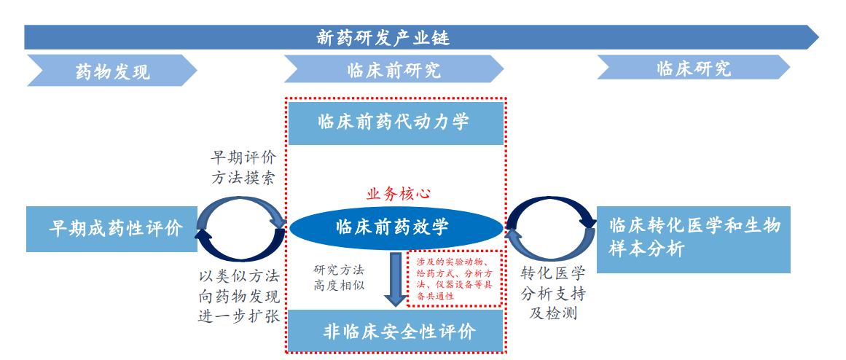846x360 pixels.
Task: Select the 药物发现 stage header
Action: (112, 71)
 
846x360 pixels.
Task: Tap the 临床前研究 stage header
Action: (393, 71)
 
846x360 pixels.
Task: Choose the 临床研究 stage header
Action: (693, 69)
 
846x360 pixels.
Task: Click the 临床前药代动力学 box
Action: (393, 122)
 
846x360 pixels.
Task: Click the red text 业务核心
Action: (398, 194)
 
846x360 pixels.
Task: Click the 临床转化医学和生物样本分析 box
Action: (693, 238)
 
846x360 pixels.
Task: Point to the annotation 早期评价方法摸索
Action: (243, 168)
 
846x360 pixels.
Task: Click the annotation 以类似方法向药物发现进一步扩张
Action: (238, 296)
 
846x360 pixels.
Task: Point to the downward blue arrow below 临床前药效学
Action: (396, 280)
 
